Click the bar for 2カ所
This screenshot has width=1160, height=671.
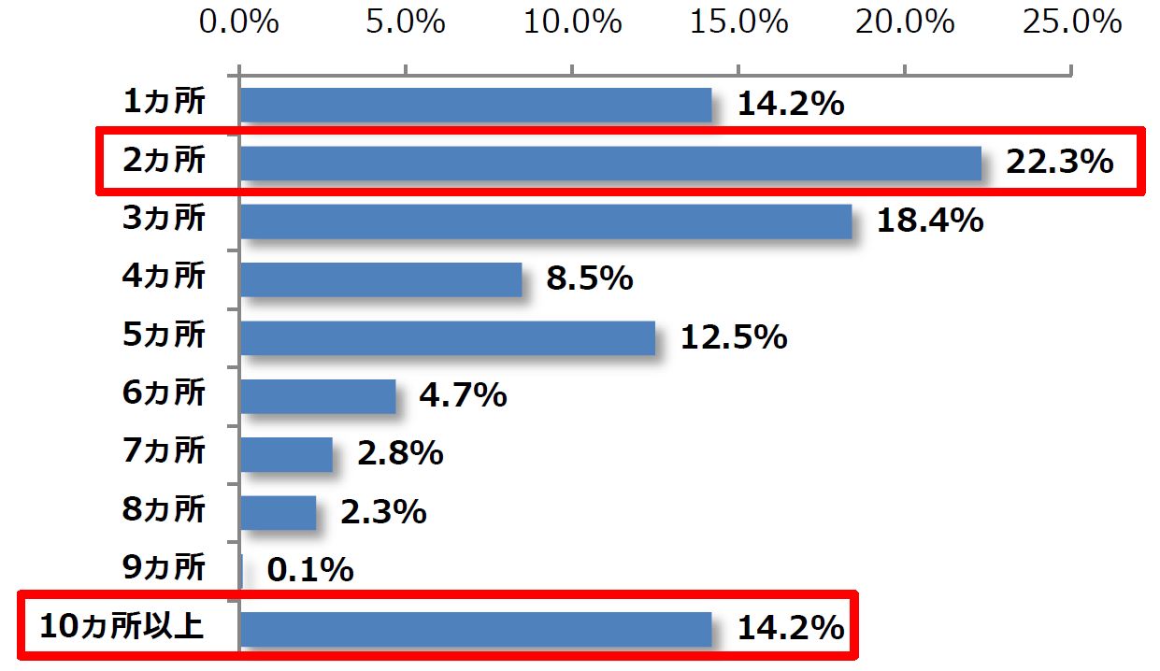(610, 163)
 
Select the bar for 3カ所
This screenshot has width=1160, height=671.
(546, 221)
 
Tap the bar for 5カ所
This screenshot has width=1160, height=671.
(448, 337)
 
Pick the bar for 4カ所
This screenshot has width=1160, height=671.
(381, 279)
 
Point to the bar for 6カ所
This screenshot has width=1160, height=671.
(318, 395)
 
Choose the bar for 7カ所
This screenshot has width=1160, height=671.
(286, 454)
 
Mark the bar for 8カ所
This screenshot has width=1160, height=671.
(279, 512)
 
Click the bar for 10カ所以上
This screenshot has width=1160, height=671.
(476, 628)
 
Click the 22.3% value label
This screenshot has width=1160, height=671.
(1060, 163)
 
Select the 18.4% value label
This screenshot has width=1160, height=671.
(930, 221)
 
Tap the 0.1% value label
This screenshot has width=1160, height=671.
(310, 569)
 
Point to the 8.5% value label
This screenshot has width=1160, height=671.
(590, 278)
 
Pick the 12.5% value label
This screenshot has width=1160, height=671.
(734, 337)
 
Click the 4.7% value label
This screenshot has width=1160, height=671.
(463, 395)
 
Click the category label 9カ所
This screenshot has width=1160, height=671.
(164, 568)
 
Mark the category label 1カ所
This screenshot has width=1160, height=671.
(164, 103)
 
